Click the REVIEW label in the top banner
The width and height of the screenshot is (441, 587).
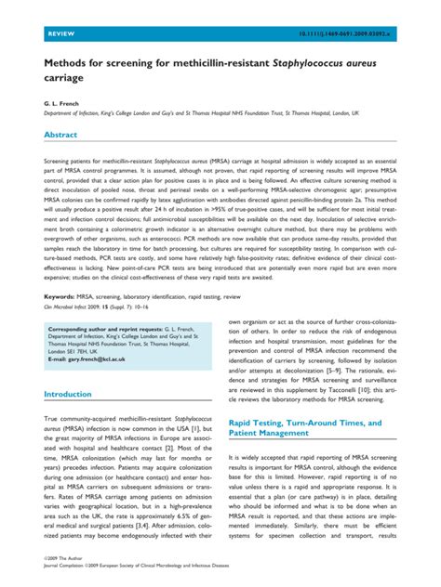point(58,34)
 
